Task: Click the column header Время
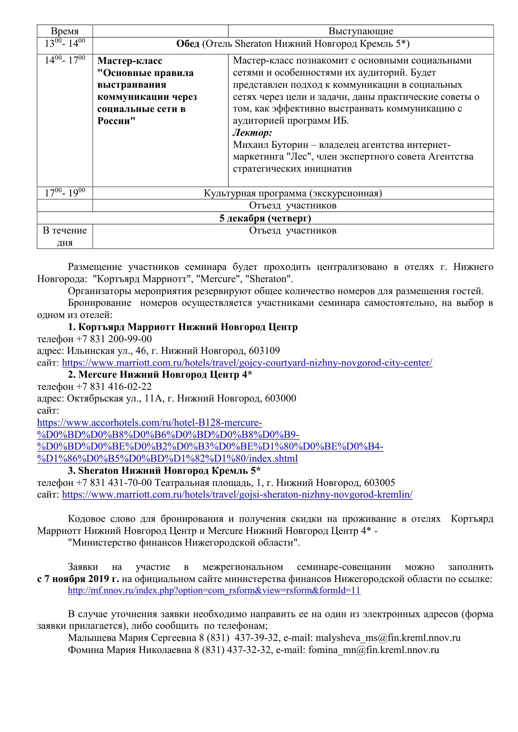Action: (x=64, y=31)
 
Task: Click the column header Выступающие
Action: (x=361, y=31)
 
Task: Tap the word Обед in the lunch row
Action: (x=188, y=44)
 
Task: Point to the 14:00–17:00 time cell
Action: (x=65, y=60)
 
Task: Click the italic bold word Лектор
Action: (x=252, y=133)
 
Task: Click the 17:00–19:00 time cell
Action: (x=65, y=193)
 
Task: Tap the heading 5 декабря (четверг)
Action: (x=265, y=218)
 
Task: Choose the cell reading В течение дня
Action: (x=65, y=236)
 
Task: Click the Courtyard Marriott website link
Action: (x=247, y=363)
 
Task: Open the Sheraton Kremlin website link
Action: (x=237, y=495)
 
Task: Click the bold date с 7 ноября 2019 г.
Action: (x=78, y=579)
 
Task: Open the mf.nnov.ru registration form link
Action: (x=214, y=591)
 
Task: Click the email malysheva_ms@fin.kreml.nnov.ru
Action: (x=388, y=638)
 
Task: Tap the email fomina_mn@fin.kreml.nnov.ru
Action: (x=373, y=650)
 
